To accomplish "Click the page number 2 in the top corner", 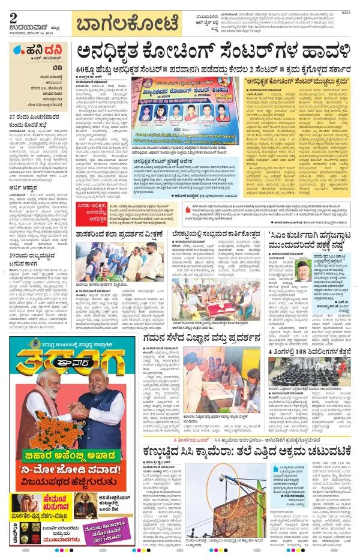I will click(13, 17).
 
